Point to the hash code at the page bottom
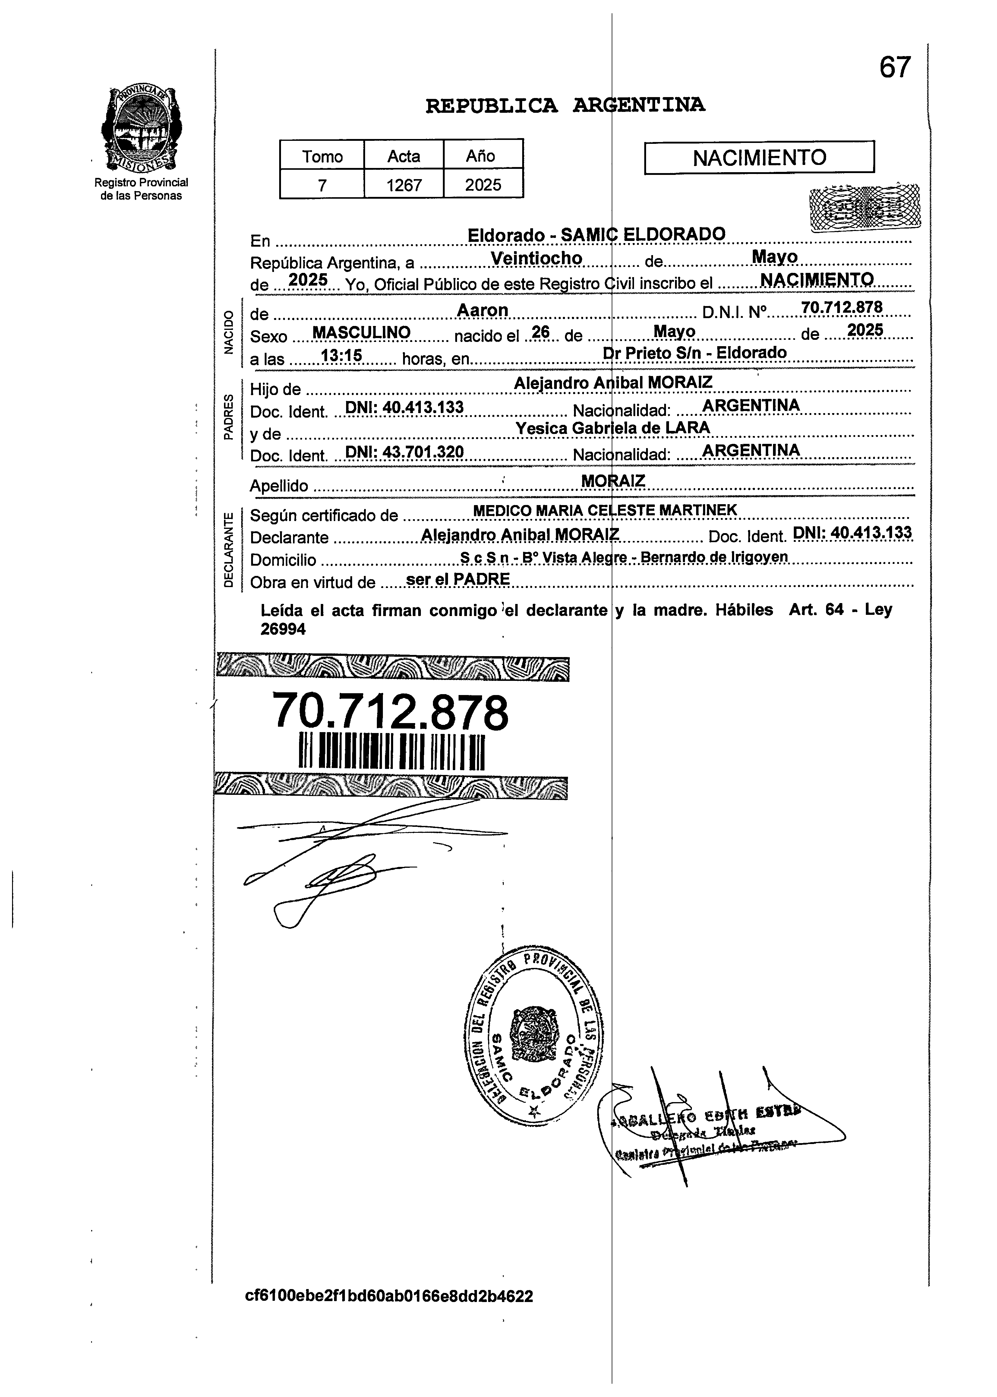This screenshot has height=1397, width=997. click(x=389, y=1296)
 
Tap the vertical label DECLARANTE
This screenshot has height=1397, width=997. click(x=229, y=550)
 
